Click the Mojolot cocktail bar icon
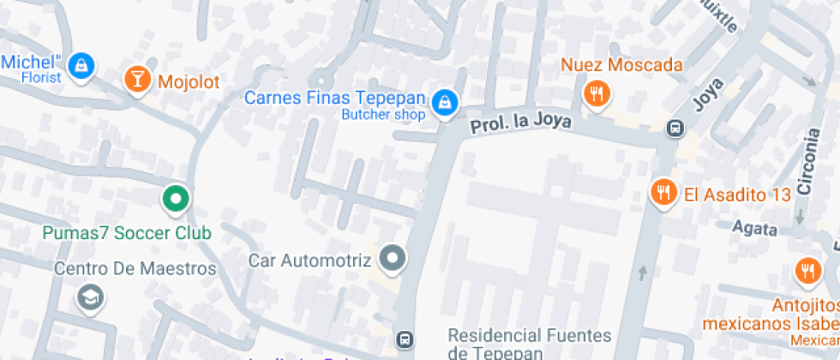click(135, 79)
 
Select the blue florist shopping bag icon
click(81, 64)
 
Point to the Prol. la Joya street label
click(520, 123)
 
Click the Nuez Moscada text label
click(621, 64)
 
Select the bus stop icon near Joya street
click(675, 129)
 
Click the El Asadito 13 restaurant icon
click(663, 193)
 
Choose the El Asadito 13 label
click(736, 195)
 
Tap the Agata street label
click(754, 229)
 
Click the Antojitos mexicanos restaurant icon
click(807, 271)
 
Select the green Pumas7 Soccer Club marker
click(175, 200)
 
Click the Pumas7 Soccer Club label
click(127, 232)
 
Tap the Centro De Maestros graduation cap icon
click(88, 297)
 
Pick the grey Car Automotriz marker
click(393, 257)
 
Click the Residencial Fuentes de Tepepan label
click(529, 343)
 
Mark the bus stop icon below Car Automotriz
click(403, 339)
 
